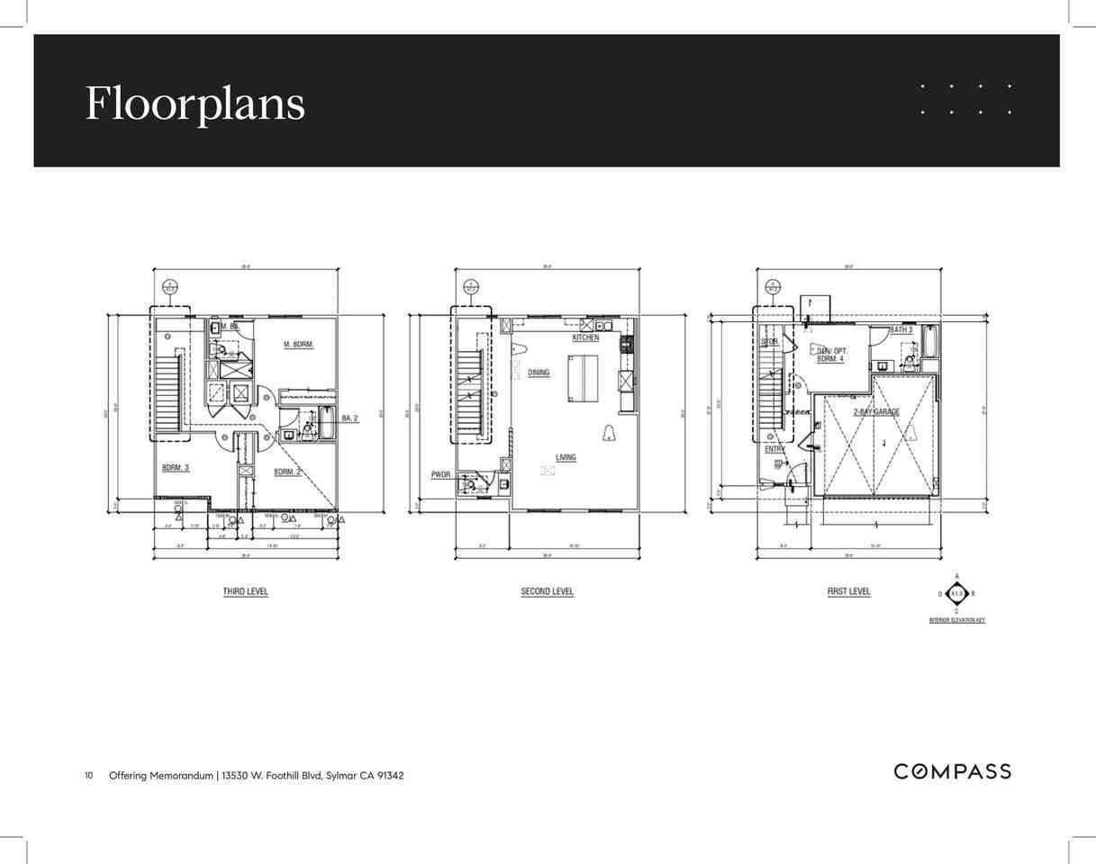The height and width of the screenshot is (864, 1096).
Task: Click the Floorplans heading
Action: click(195, 103)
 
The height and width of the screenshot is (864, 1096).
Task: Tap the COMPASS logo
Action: click(952, 771)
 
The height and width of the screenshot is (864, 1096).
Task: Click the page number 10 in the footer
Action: click(89, 775)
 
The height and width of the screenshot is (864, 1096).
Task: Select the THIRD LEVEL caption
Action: click(246, 592)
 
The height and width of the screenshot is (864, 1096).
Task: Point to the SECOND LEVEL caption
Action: click(547, 592)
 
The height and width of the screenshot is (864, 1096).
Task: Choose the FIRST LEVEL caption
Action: click(848, 592)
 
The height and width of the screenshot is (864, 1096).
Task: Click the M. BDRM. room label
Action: click(298, 345)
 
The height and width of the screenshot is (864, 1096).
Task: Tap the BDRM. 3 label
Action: click(176, 468)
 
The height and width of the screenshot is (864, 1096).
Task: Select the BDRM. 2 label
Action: click(287, 472)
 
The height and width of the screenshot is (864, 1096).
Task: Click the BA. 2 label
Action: click(350, 418)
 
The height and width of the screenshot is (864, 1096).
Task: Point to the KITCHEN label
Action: click(585, 337)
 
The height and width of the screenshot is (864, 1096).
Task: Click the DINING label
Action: click(539, 373)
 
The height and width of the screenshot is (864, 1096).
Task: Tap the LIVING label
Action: click(566, 457)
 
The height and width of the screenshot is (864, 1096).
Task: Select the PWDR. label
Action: click(441, 474)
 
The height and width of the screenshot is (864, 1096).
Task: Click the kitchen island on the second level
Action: click(582, 378)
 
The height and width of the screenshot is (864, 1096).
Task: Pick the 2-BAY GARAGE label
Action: click(876, 411)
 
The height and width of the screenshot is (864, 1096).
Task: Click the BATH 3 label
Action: click(901, 330)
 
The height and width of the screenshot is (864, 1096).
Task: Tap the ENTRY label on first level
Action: click(774, 449)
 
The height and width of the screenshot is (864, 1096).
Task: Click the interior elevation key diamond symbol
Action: click(956, 594)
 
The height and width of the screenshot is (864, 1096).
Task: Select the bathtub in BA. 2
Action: click(328, 424)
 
